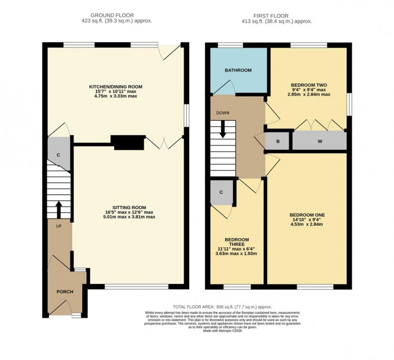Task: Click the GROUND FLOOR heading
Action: [x=115, y=16]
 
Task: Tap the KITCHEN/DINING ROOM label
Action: [x=115, y=87]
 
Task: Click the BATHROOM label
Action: [x=238, y=70]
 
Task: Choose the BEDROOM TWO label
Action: [x=309, y=85]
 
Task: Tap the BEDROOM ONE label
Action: [x=307, y=215]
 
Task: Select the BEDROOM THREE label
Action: [x=237, y=242]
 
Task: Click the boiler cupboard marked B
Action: [x=277, y=141]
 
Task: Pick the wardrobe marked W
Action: [x=319, y=141]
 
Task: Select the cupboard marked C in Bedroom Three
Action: [x=221, y=193]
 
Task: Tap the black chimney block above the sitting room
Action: [x=128, y=143]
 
